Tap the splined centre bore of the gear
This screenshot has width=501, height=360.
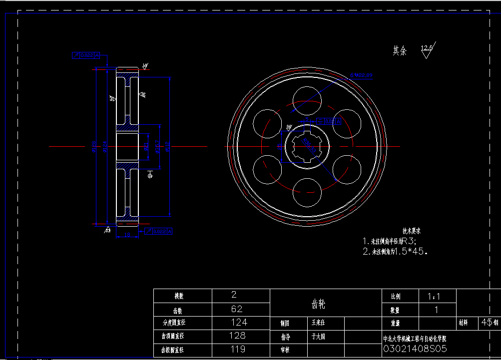click(x=307, y=146)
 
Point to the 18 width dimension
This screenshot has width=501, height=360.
click(x=127, y=234)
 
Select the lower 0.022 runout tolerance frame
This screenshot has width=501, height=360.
click(x=158, y=231)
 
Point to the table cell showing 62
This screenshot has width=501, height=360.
click(x=237, y=309)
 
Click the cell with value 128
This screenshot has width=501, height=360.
click(x=237, y=336)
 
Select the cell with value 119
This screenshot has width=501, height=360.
click(x=237, y=350)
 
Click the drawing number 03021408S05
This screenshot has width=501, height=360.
click(x=415, y=349)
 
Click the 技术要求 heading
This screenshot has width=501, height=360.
click(x=412, y=231)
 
